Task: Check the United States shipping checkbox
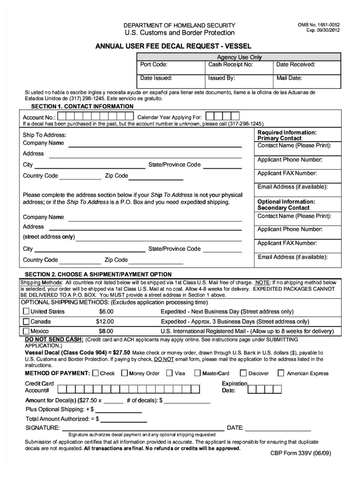pyautogui.click(x=26, y=312)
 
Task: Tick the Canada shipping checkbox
pyautogui.click(x=26, y=321)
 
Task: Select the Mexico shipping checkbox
pyautogui.click(x=26, y=331)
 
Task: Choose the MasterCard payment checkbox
pyautogui.click(x=198, y=373)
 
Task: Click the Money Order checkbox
pyautogui.click(x=124, y=373)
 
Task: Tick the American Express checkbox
pyautogui.click(x=281, y=373)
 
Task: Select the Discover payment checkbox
pyautogui.click(x=243, y=373)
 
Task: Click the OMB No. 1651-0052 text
pyautogui.click(x=319, y=24)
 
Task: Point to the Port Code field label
pyautogui.click(x=154, y=65)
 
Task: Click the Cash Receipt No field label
pyautogui.click(x=230, y=65)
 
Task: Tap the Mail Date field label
pyautogui.click(x=289, y=78)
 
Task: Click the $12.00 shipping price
pyautogui.click(x=105, y=321)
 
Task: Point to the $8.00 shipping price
pyautogui.click(x=106, y=331)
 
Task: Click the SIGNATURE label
pyautogui.click(x=43, y=428)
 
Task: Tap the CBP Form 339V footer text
pyautogui.click(x=301, y=453)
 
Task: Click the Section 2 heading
pyautogui.click(x=98, y=274)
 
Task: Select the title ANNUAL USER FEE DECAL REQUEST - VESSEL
pyautogui.click(x=173, y=46)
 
